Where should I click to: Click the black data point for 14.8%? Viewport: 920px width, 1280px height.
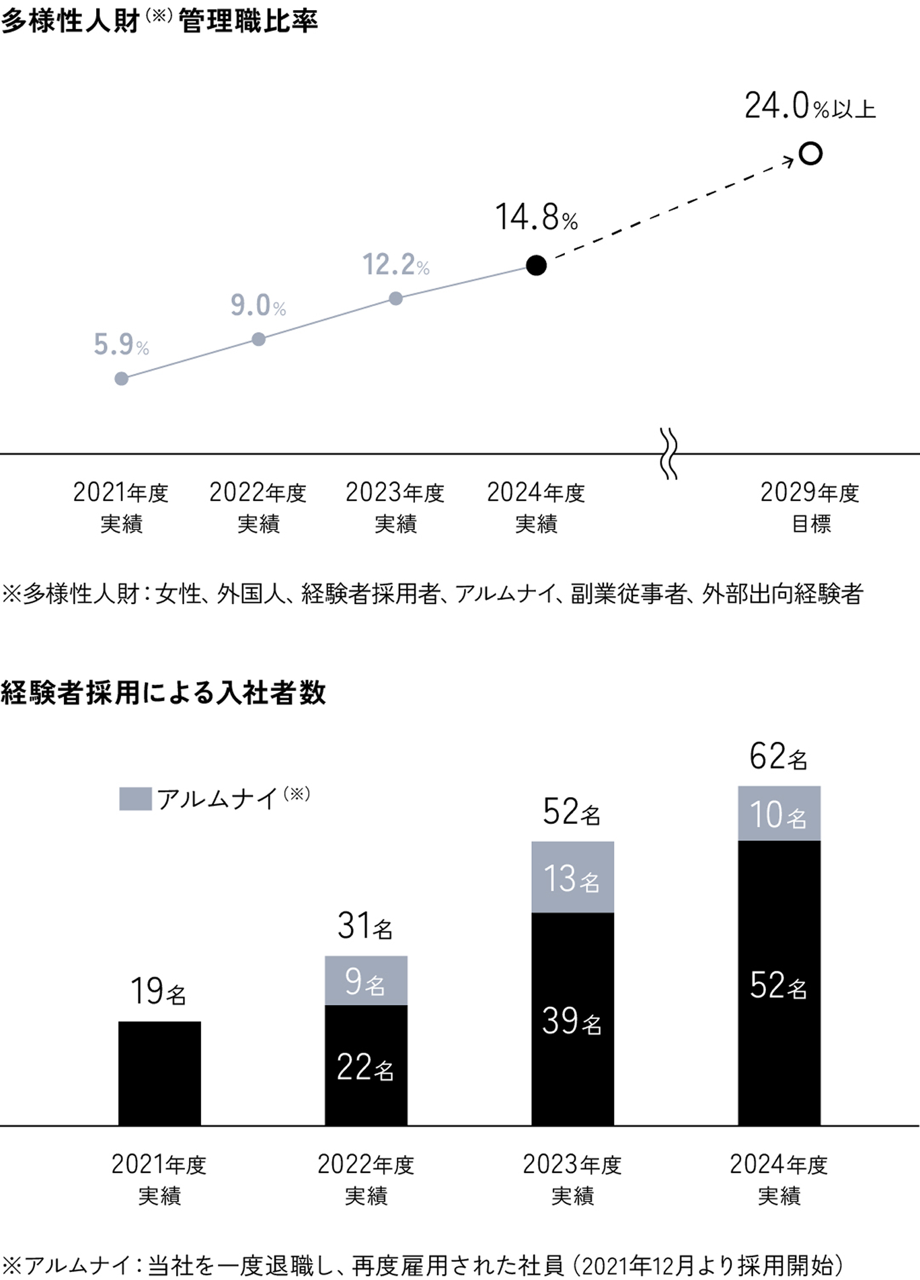pyautogui.click(x=536, y=266)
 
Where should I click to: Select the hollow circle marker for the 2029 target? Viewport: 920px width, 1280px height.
pyautogui.click(x=811, y=154)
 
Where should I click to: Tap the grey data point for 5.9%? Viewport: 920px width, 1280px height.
pyautogui.click(x=122, y=379)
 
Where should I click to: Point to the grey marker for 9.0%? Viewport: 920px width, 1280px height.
pyautogui.click(x=258, y=339)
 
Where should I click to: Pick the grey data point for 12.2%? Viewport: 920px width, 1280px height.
pyautogui.click(x=396, y=298)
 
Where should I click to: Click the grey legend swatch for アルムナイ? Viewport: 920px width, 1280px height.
pyautogui.click(x=135, y=799)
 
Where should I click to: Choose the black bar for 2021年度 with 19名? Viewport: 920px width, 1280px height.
pyautogui.click(x=159, y=1073)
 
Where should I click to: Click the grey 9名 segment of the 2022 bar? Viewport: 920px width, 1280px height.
pyautogui.click(x=366, y=981)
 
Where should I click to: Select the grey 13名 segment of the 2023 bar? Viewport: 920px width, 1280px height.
pyautogui.click(x=572, y=877)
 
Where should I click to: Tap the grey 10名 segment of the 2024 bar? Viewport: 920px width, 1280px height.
pyautogui.click(x=779, y=814)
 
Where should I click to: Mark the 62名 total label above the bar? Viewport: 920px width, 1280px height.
pyautogui.click(x=778, y=757)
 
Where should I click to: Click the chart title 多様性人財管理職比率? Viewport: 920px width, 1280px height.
pyautogui.click(x=159, y=22)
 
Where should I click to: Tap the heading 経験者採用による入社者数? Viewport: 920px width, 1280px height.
pyautogui.click(x=163, y=693)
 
